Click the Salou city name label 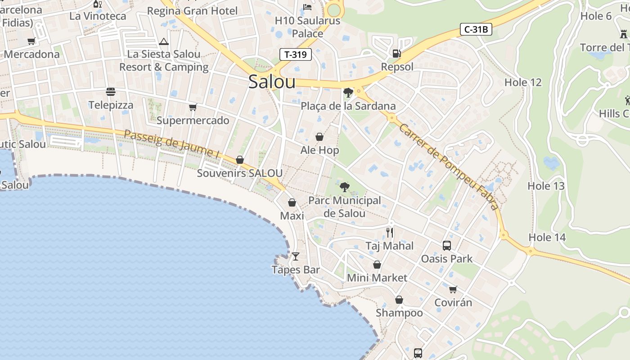pos(272,82)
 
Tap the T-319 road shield pos(296,54)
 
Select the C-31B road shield pos(476,30)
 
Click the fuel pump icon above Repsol pos(396,54)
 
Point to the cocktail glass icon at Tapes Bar pos(296,256)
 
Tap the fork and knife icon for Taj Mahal pos(390,233)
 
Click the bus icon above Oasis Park pos(446,246)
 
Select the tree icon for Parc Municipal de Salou pos(345,187)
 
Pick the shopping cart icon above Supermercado pos(193,107)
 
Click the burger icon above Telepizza pos(111,92)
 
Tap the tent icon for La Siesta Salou pos(164,42)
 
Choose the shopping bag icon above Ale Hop pos(319,137)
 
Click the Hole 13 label pos(546,186)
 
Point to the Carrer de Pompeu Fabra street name pos(449,167)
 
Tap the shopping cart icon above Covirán pos(453,289)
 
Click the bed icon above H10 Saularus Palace pos(307,7)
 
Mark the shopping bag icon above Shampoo pos(399,300)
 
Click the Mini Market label pos(377,278)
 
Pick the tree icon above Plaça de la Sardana pos(348,93)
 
